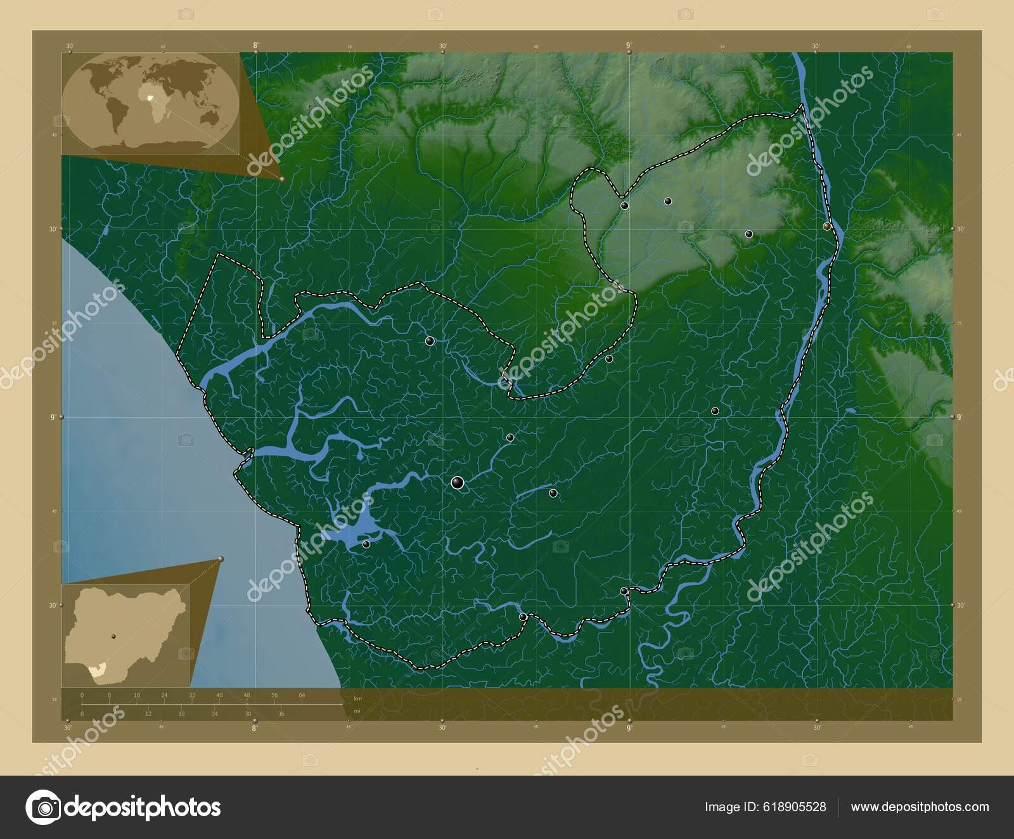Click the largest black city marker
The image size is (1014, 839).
(457, 484)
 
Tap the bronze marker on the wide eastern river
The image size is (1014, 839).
(826, 226)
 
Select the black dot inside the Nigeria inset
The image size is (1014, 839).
(113, 636)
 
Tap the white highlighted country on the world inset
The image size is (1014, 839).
(151, 99)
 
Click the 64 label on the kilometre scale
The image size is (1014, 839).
(302, 695)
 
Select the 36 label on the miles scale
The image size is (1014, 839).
(281, 714)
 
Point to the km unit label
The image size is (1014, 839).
(357, 698)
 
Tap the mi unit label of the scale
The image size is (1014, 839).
(357, 711)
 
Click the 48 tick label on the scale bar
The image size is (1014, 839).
(247, 695)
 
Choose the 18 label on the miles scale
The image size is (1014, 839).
(181, 714)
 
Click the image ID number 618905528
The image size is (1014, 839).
(793, 807)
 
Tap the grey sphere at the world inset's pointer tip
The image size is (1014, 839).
(281, 179)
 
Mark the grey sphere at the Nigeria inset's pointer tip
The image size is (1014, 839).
(221, 558)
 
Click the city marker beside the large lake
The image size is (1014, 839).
(366, 544)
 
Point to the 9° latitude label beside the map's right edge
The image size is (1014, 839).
(959, 417)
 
